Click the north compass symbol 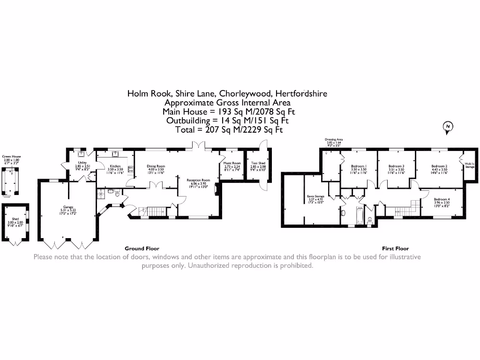click(448, 127)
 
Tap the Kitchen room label click(115, 166)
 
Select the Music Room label click(232, 164)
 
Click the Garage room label click(69, 207)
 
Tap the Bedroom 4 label click(442, 199)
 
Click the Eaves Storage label click(315, 196)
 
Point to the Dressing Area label click(334, 140)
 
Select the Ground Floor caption click(142, 248)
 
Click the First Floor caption click(395, 248)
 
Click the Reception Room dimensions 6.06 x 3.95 click(197, 184)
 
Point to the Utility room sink click(81, 153)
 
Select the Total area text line click(229, 130)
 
